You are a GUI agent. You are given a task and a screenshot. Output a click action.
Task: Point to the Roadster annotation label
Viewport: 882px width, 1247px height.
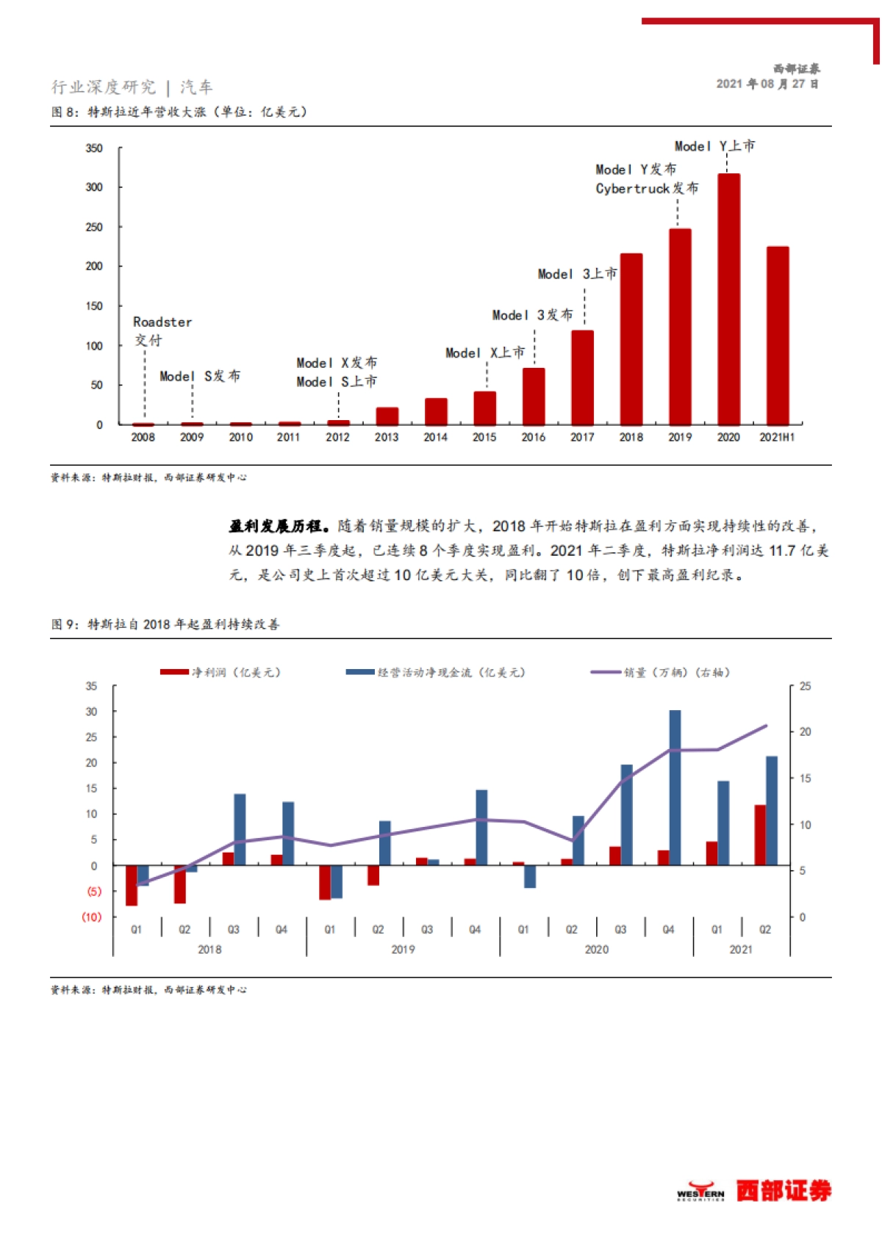tap(162, 322)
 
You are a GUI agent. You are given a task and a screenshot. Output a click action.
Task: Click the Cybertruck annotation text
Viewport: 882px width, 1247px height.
tap(647, 189)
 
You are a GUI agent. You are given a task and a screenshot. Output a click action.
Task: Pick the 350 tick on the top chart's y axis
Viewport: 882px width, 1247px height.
tap(94, 148)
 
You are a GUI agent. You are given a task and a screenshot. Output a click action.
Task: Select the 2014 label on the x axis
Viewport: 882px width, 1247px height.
tap(435, 438)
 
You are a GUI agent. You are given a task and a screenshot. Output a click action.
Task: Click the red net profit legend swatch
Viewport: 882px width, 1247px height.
tap(174, 672)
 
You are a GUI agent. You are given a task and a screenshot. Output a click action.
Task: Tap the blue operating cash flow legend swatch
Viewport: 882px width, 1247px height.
tap(360, 672)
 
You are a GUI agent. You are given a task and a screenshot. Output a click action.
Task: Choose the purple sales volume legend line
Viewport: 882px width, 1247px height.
tap(606, 672)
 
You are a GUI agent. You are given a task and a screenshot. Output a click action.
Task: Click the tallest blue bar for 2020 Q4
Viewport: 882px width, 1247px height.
tap(675, 787)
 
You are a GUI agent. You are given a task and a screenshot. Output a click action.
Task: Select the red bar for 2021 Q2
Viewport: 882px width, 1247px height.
tap(760, 835)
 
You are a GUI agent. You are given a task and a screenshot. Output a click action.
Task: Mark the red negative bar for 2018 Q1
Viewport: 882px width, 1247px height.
tap(132, 885)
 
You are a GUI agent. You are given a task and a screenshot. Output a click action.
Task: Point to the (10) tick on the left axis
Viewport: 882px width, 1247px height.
tap(92, 917)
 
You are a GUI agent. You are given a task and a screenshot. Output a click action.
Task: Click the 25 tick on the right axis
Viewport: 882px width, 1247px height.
tap(806, 687)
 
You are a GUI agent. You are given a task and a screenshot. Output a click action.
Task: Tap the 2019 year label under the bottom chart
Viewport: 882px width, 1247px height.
tap(403, 950)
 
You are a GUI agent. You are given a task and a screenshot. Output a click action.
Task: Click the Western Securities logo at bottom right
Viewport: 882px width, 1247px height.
tap(754, 1190)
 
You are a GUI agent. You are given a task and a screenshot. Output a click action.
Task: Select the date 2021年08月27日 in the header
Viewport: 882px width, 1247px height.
tap(767, 84)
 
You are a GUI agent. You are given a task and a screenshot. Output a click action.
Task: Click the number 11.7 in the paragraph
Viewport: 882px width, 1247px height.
tap(782, 551)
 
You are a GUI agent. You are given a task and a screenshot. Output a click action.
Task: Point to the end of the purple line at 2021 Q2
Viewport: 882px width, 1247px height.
tap(766, 726)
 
